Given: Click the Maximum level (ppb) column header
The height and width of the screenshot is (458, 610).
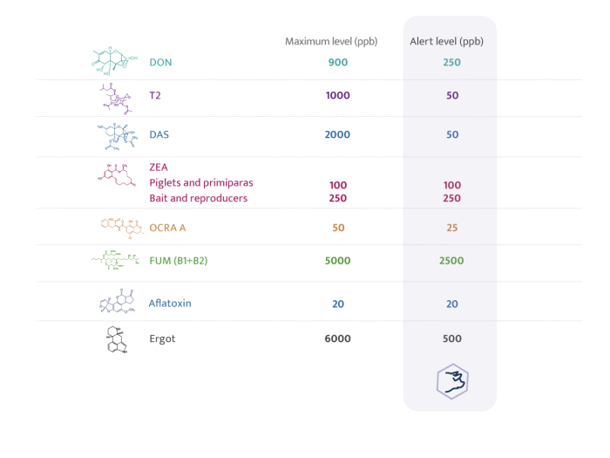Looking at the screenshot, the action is (331, 42).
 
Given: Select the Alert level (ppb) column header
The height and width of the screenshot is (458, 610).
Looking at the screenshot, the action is (446, 42).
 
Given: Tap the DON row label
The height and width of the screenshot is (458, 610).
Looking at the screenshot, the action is (160, 62).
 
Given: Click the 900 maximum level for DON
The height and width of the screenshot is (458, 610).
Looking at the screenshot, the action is (338, 62).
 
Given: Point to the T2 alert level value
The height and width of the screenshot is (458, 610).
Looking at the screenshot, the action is (452, 95).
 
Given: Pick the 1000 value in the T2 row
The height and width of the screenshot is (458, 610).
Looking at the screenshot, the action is (338, 95).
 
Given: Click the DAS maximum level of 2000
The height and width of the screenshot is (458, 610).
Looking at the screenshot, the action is (337, 134).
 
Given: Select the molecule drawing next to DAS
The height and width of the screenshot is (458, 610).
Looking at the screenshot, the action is (117, 137).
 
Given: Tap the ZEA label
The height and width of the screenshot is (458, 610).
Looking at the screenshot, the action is (159, 167).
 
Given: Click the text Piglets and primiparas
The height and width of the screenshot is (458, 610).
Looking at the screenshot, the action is (201, 182).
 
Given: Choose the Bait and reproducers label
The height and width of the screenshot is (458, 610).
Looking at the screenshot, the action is (199, 198).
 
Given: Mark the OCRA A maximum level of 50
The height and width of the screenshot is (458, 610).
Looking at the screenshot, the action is (338, 228).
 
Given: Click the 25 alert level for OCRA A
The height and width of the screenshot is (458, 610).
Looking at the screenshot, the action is (451, 228).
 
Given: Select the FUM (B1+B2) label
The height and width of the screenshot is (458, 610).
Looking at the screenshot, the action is (178, 261).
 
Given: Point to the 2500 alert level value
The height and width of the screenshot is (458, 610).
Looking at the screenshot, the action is (451, 261).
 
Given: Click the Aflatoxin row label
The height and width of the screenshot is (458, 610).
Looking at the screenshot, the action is (170, 304).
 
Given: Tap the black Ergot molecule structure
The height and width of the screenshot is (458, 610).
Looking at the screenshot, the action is (117, 339).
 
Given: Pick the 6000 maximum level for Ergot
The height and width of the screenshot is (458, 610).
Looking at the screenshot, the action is (337, 338).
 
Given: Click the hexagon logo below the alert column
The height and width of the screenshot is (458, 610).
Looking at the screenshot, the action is (452, 381).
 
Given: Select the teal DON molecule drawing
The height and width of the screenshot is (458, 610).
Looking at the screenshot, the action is (114, 61).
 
